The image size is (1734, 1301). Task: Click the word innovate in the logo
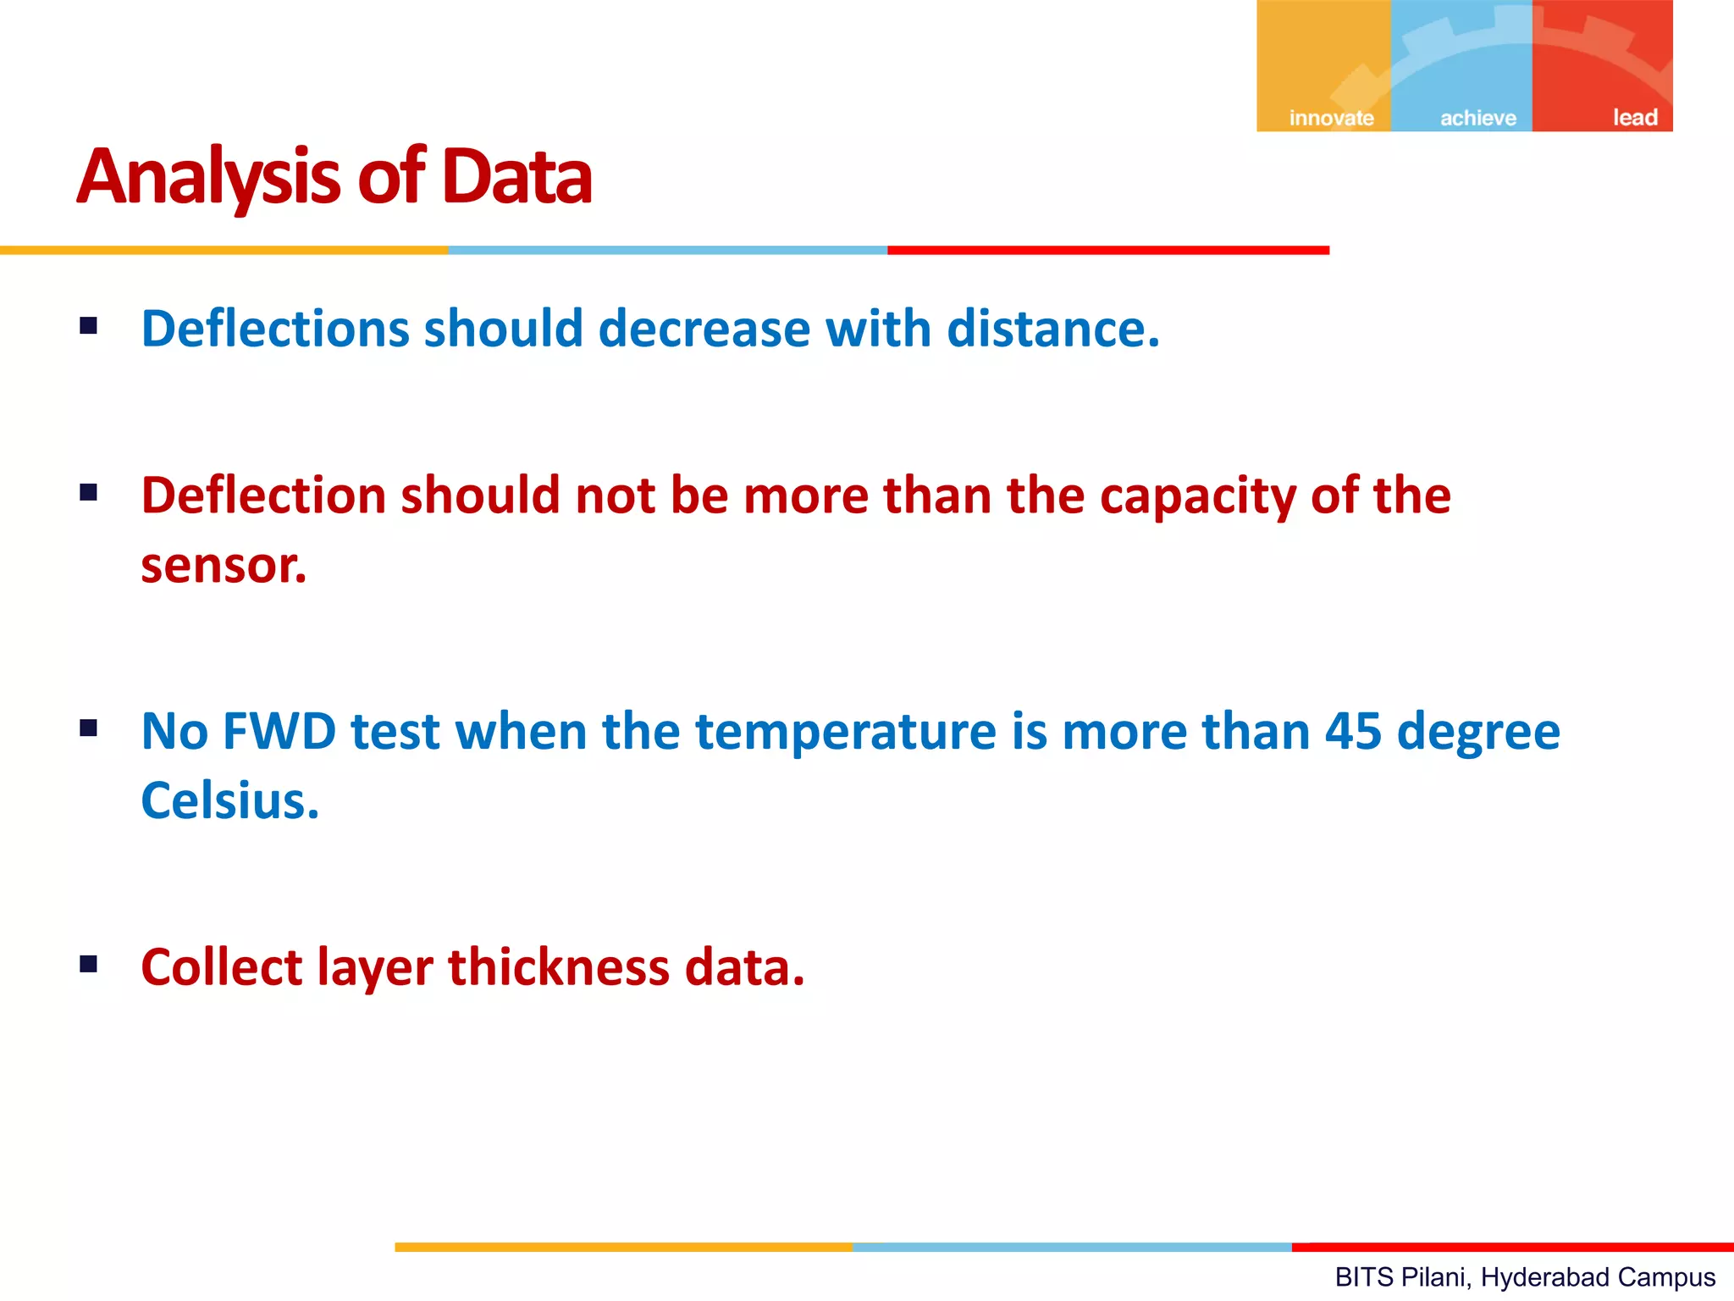tap(1331, 118)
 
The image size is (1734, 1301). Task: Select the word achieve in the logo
tap(1478, 118)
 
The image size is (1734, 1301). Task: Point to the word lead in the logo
tap(1635, 118)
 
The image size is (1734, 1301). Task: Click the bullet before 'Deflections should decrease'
tap(88, 326)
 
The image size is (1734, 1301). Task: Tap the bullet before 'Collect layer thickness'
tap(88, 964)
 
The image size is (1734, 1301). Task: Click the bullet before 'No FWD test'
tap(88, 728)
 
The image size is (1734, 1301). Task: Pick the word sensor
tap(223, 566)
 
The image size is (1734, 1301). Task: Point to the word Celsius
tap(229, 800)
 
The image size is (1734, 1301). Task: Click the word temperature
tap(846, 733)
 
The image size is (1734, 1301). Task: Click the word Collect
tap(221, 966)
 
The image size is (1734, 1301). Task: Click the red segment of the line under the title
tap(1107, 251)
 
